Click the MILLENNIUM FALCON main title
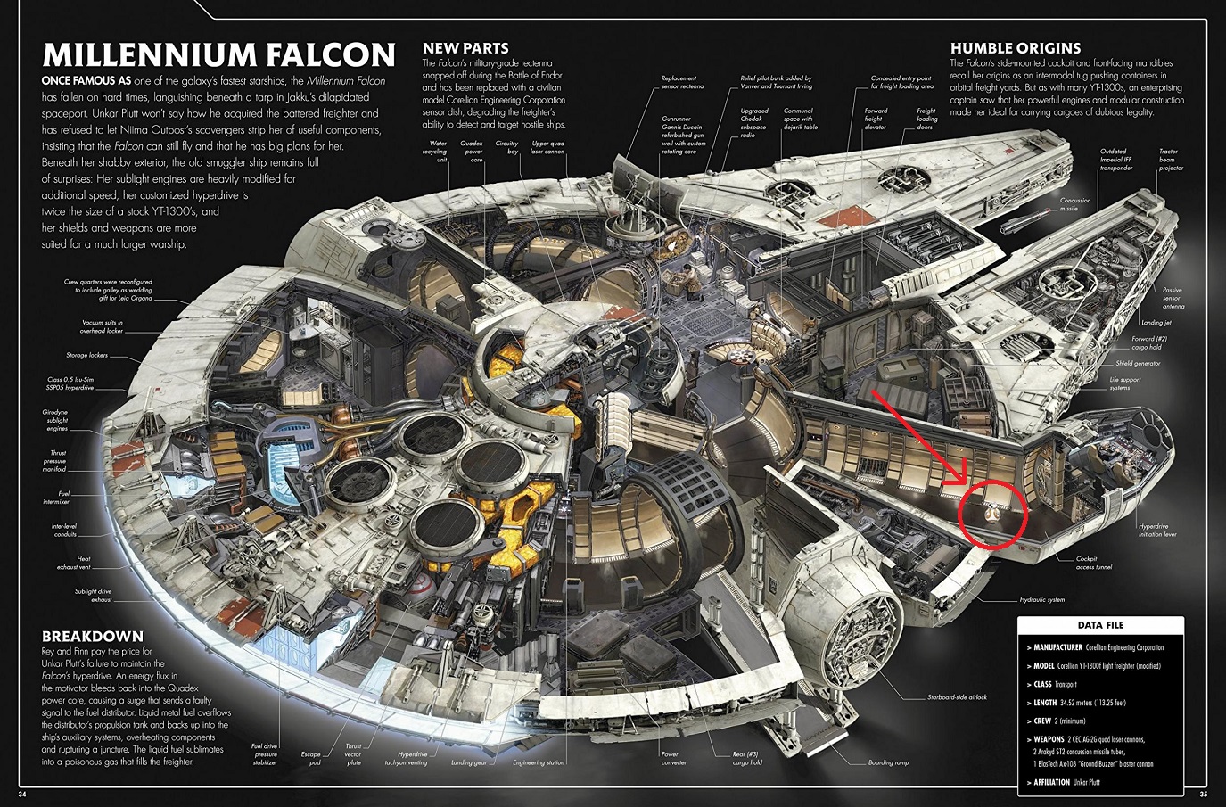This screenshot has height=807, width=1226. (x=218, y=54)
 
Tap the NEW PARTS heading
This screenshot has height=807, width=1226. (x=465, y=48)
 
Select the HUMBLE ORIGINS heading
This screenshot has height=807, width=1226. (x=1015, y=48)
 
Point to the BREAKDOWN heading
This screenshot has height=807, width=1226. (x=93, y=636)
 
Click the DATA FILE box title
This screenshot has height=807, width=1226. (x=1100, y=625)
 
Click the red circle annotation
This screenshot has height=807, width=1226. (x=992, y=515)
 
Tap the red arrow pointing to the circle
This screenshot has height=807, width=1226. (x=923, y=437)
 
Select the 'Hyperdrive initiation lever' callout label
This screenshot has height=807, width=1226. (x=1157, y=530)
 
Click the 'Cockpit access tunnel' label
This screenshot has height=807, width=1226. (x=1093, y=563)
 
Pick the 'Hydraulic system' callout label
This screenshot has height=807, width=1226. (x=1042, y=599)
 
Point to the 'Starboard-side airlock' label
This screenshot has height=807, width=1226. (x=957, y=697)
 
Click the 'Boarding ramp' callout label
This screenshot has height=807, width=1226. (x=888, y=762)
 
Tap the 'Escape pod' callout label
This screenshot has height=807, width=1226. (x=310, y=759)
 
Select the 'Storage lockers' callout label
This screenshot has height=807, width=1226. (x=86, y=355)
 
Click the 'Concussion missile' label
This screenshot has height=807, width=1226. (x=1074, y=204)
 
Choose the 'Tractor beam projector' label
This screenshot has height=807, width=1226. (x=1171, y=160)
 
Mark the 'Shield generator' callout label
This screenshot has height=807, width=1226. (x=1138, y=364)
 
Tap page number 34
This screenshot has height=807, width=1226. (x=22, y=795)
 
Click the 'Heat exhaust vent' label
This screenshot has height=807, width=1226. (x=73, y=563)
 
